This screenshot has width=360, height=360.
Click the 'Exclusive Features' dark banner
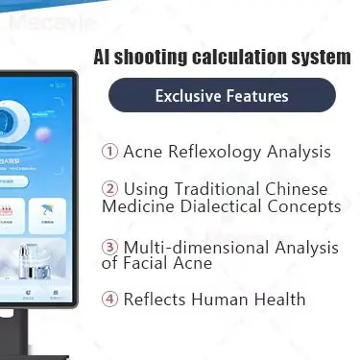tap(221, 96)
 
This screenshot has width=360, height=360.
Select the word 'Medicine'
tap(135, 206)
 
